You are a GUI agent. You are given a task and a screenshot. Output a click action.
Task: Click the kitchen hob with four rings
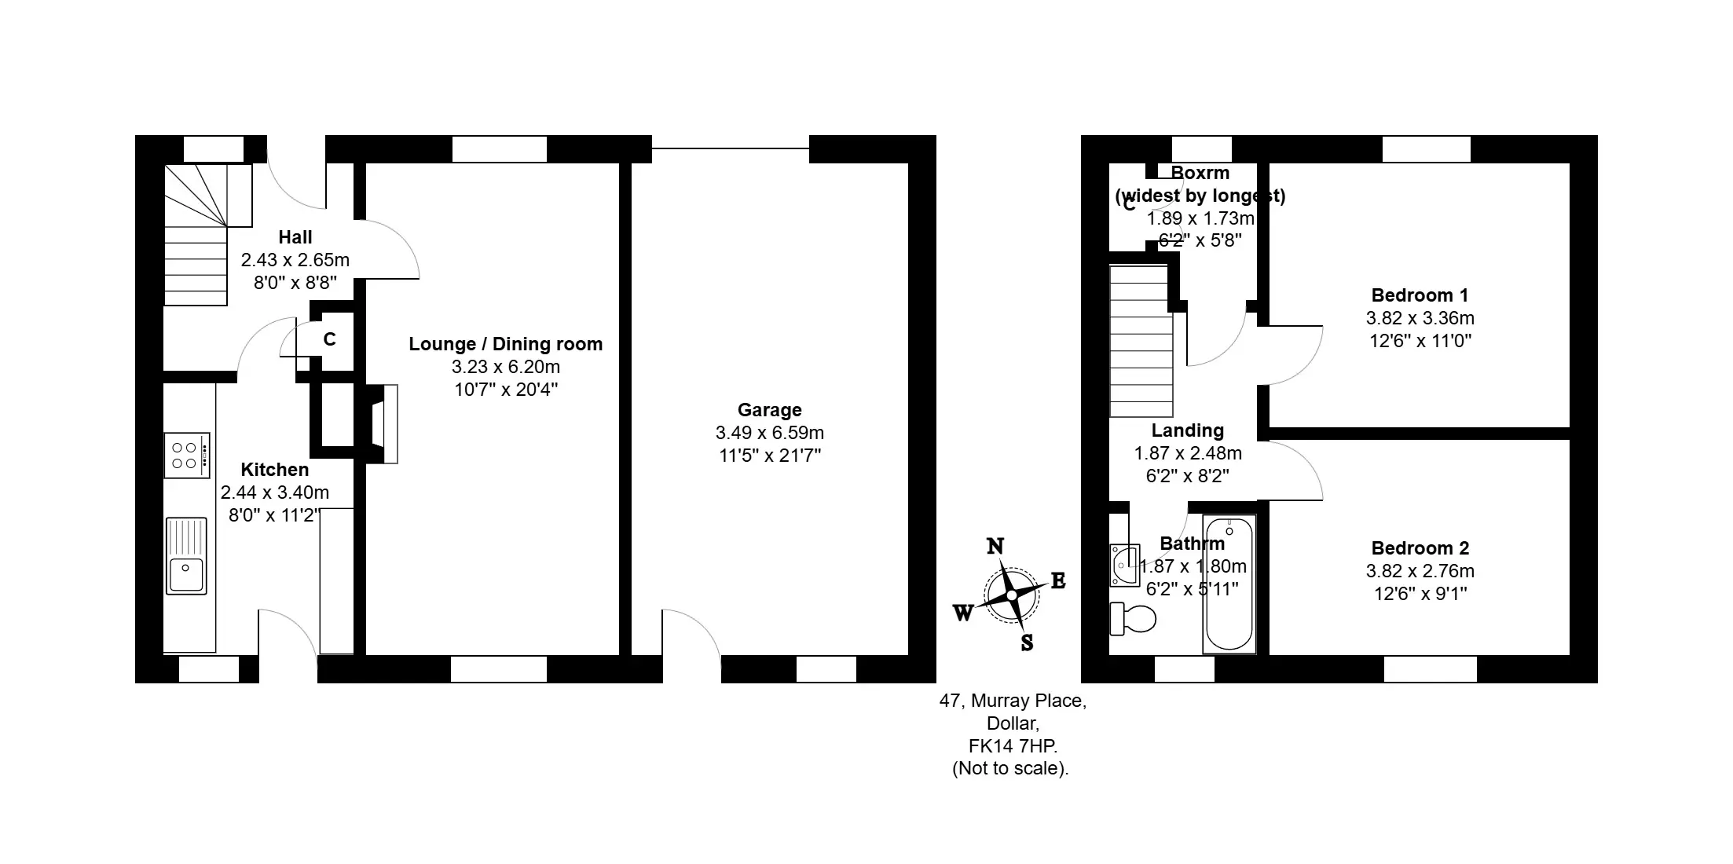(187, 455)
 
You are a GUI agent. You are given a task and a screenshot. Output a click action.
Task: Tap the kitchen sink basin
(187, 555)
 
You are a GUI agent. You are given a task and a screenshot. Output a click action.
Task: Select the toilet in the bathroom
(1132, 619)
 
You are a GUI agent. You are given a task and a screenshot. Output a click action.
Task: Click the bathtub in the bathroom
(1229, 584)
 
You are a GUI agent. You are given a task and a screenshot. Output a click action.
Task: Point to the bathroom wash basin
(1124, 566)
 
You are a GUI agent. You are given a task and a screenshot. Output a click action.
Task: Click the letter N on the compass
(995, 546)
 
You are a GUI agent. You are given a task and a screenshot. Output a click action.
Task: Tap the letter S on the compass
(1027, 643)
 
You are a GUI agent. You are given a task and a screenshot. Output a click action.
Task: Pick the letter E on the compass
(1058, 581)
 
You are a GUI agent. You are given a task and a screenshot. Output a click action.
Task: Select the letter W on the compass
(963, 613)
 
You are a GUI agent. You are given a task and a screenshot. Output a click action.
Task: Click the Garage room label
(770, 410)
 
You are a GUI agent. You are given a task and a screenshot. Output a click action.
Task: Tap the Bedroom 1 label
(1420, 295)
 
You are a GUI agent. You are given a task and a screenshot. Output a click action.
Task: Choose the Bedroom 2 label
(1420, 548)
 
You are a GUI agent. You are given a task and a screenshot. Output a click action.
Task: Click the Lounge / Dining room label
(506, 344)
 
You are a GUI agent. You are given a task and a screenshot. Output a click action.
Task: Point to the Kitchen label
(275, 470)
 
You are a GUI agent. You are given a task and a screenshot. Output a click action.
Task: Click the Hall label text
(295, 237)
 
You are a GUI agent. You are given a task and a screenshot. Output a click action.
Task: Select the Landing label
(1188, 430)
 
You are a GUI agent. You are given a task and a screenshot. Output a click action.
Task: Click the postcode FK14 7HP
(1013, 745)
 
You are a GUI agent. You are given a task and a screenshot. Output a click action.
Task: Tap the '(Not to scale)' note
(1011, 768)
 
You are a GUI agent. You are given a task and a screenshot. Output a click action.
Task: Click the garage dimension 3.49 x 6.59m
(770, 433)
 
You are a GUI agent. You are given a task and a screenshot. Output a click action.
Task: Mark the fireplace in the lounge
(383, 424)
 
